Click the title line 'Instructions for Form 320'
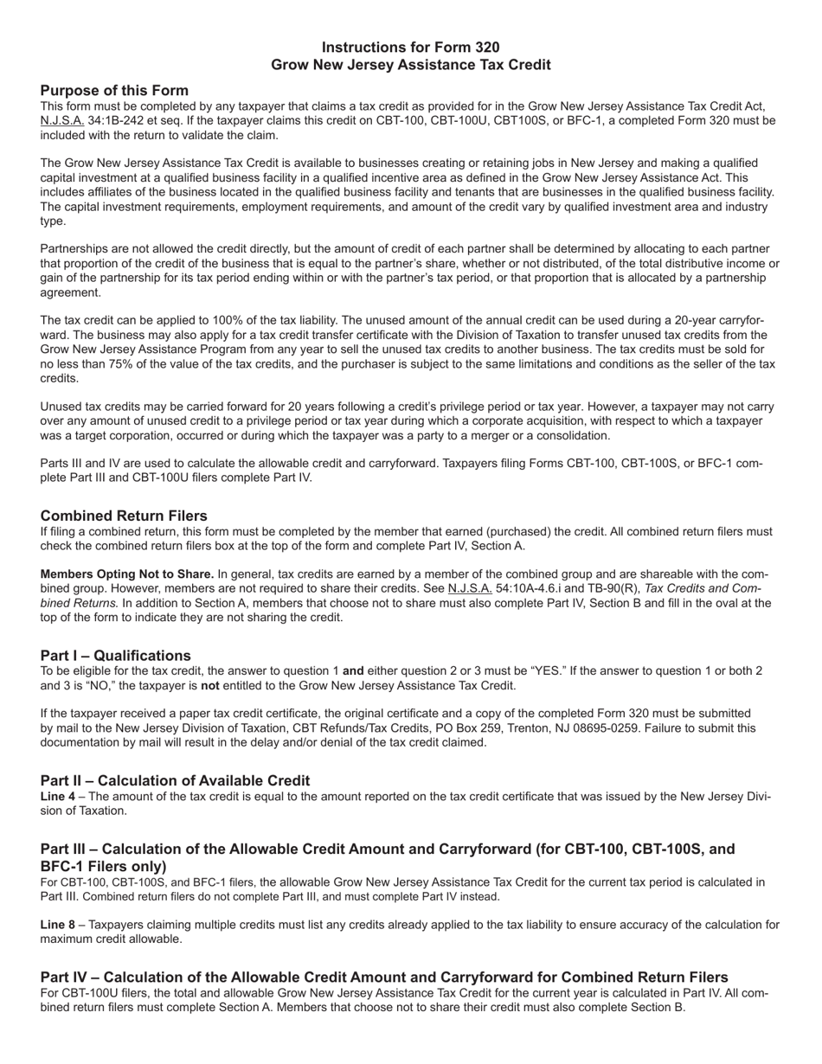click(410, 48)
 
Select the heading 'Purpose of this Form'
click(114, 91)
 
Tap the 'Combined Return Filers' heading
click(124, 516)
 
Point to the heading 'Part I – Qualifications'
click(115, 655)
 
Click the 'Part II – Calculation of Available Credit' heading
click(175, 780)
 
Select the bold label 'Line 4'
click(58, 797)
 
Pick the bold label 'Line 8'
click(58, 925)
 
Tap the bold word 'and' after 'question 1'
click(353, 671)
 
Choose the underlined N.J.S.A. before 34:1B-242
click(62, 120)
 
